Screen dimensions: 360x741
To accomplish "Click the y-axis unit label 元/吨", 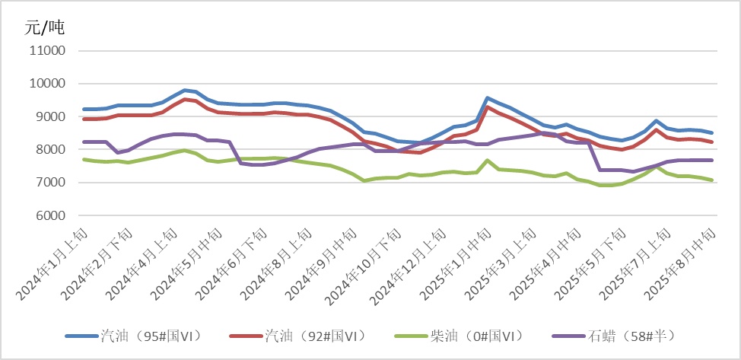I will [x=45, y=28].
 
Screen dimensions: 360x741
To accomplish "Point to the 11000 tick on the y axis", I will [x=46, y=51].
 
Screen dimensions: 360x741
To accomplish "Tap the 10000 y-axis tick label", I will [x=46, y=84].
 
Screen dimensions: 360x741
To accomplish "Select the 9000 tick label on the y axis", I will [x=50, y=116].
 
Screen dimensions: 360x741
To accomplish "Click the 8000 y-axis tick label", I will [x=50, y=150].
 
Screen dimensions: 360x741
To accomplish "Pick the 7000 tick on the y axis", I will [x=50, y=183].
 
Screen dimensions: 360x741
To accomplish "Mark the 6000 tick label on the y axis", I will [x=50, y=216].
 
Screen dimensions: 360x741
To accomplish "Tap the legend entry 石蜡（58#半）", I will [x=631, y=335].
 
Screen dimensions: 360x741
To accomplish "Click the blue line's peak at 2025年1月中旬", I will [x=488, y=97].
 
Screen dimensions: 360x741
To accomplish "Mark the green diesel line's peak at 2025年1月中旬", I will [x=488, y=160].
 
